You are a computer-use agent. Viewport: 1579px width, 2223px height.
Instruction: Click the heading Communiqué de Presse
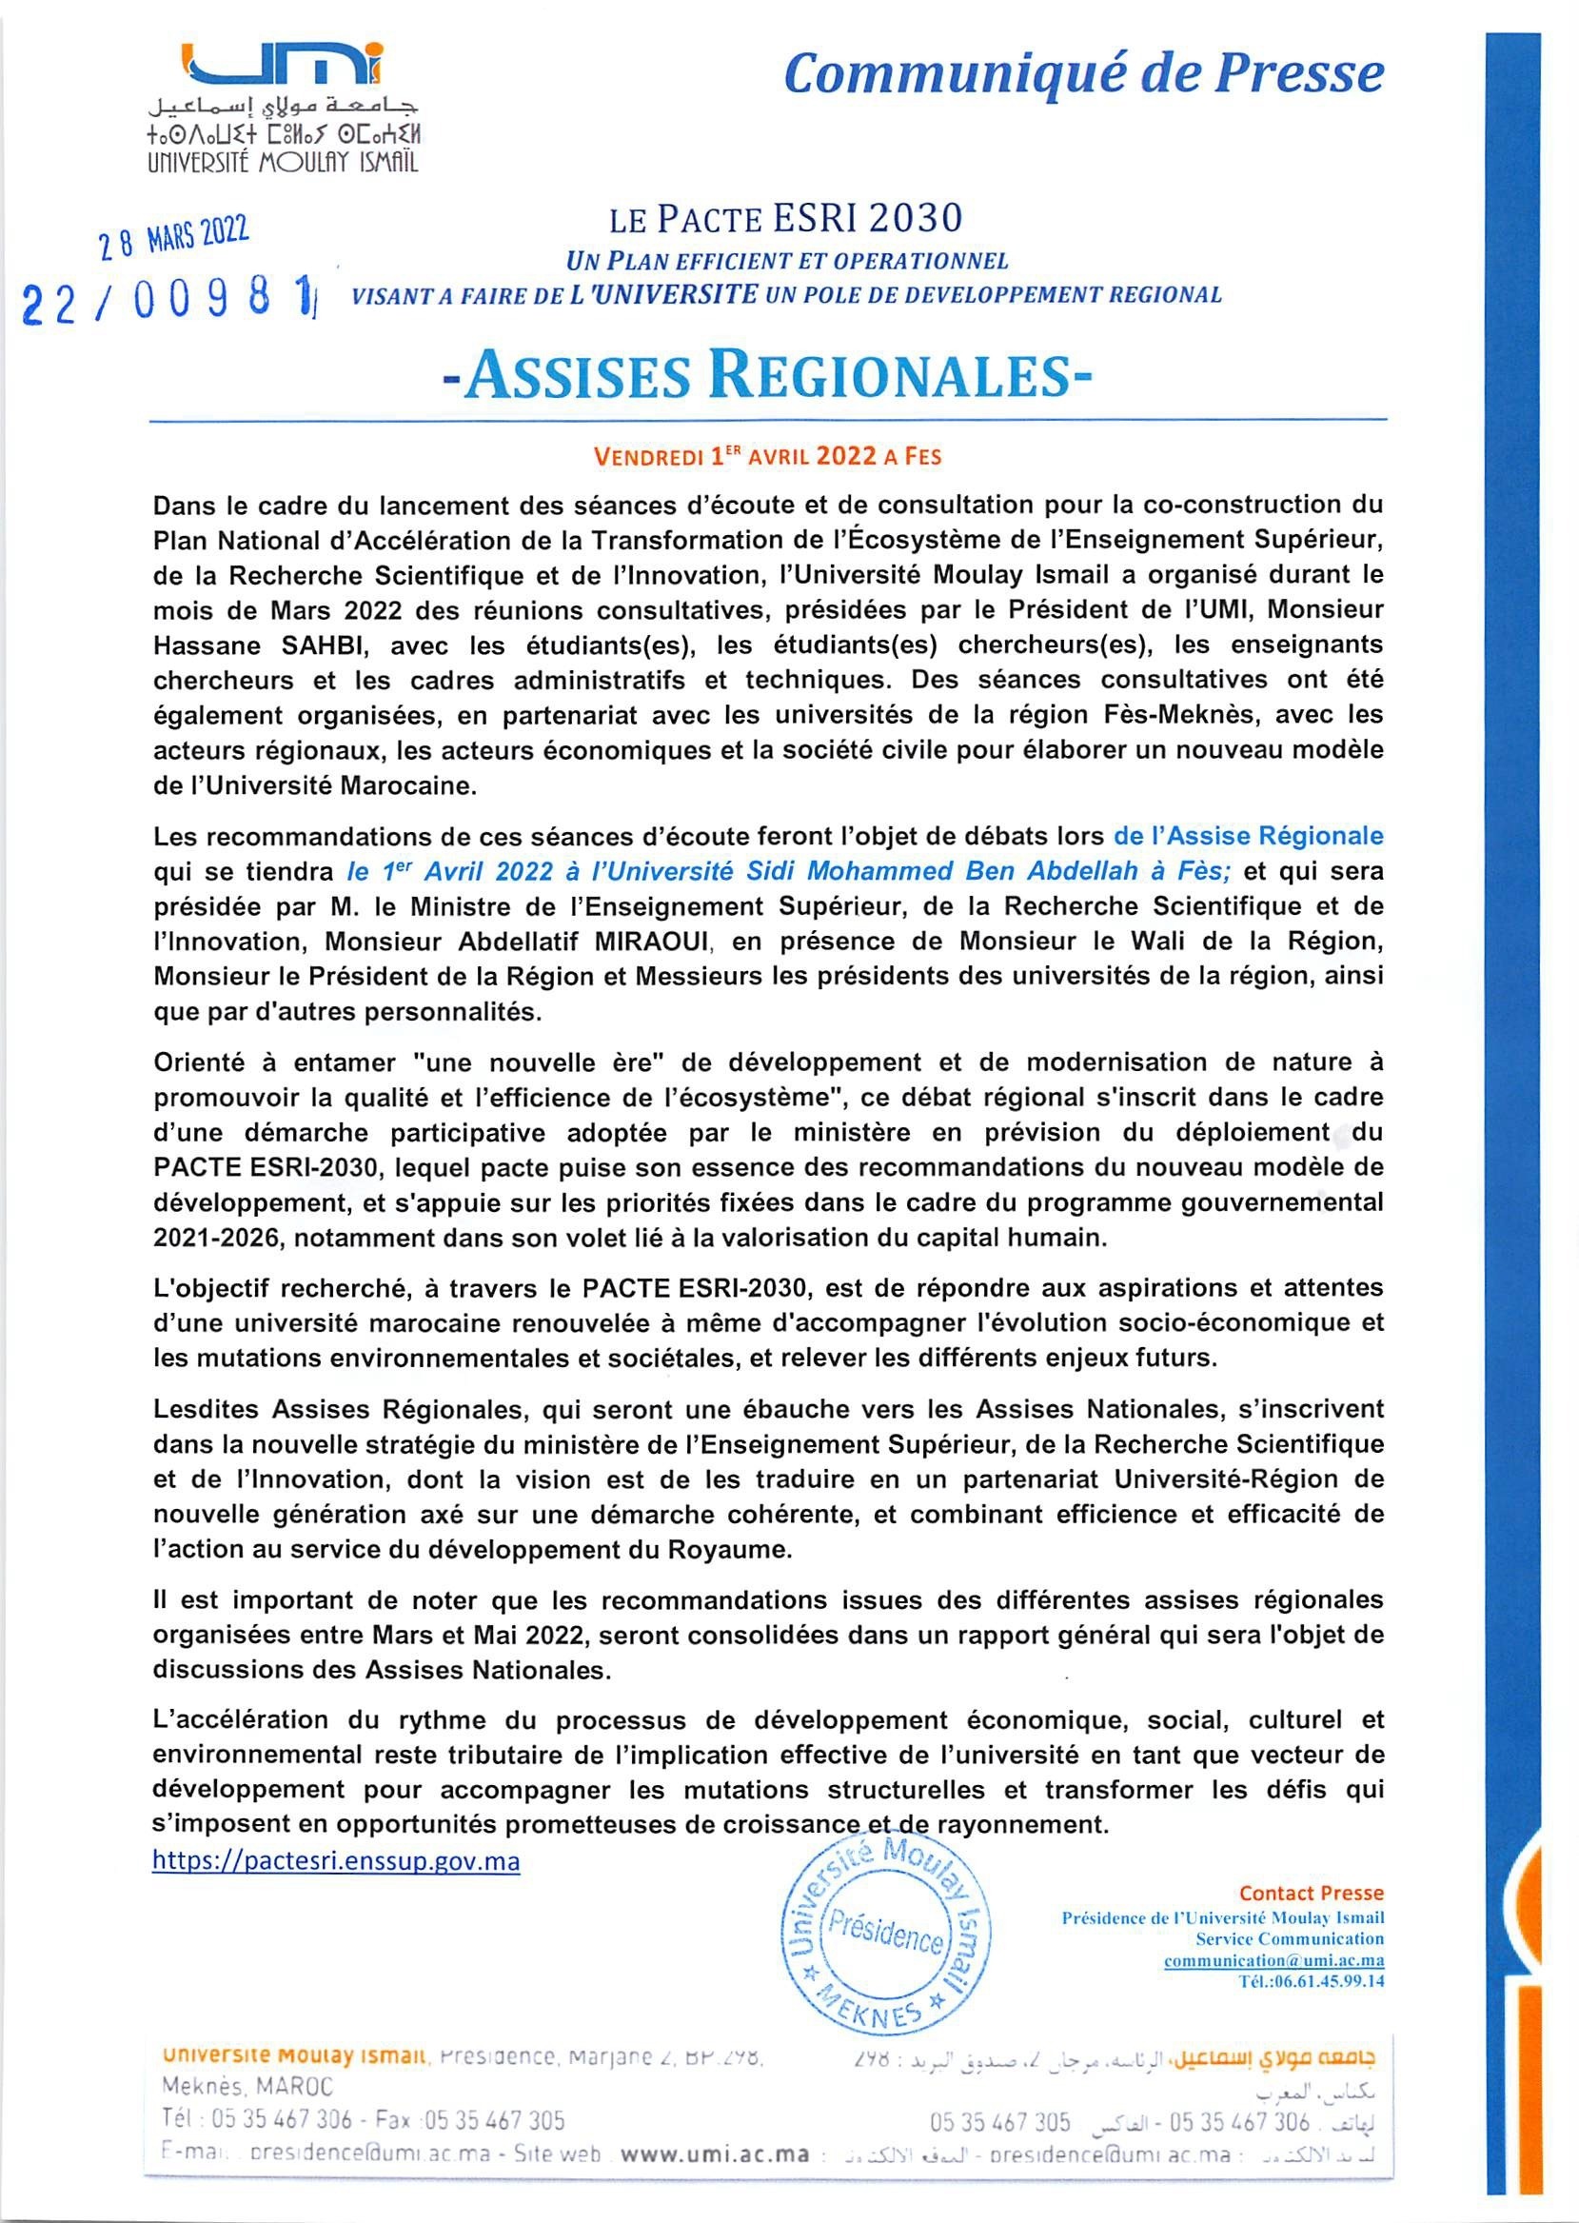1083,75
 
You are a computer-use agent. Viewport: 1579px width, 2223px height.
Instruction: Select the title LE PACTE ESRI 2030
785,220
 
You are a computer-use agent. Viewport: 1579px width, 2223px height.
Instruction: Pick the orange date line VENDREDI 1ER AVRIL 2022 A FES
768,455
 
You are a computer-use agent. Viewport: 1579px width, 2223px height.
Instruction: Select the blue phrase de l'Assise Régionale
1249,835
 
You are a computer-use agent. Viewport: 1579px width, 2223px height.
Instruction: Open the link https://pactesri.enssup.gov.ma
335,1861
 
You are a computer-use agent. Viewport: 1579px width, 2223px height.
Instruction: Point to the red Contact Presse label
1311,1893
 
